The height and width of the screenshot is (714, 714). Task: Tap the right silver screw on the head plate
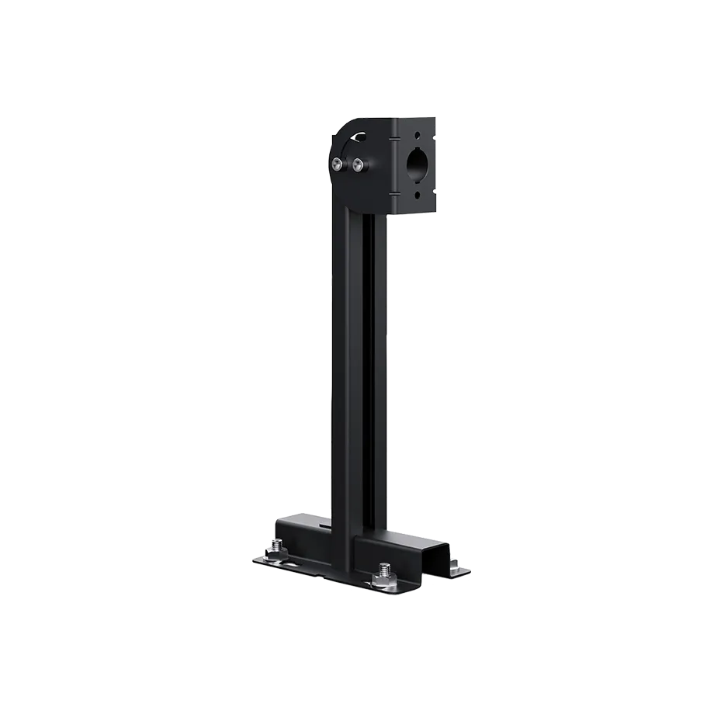(358, 164)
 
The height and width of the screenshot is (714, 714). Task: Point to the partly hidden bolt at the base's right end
(453, 563)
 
